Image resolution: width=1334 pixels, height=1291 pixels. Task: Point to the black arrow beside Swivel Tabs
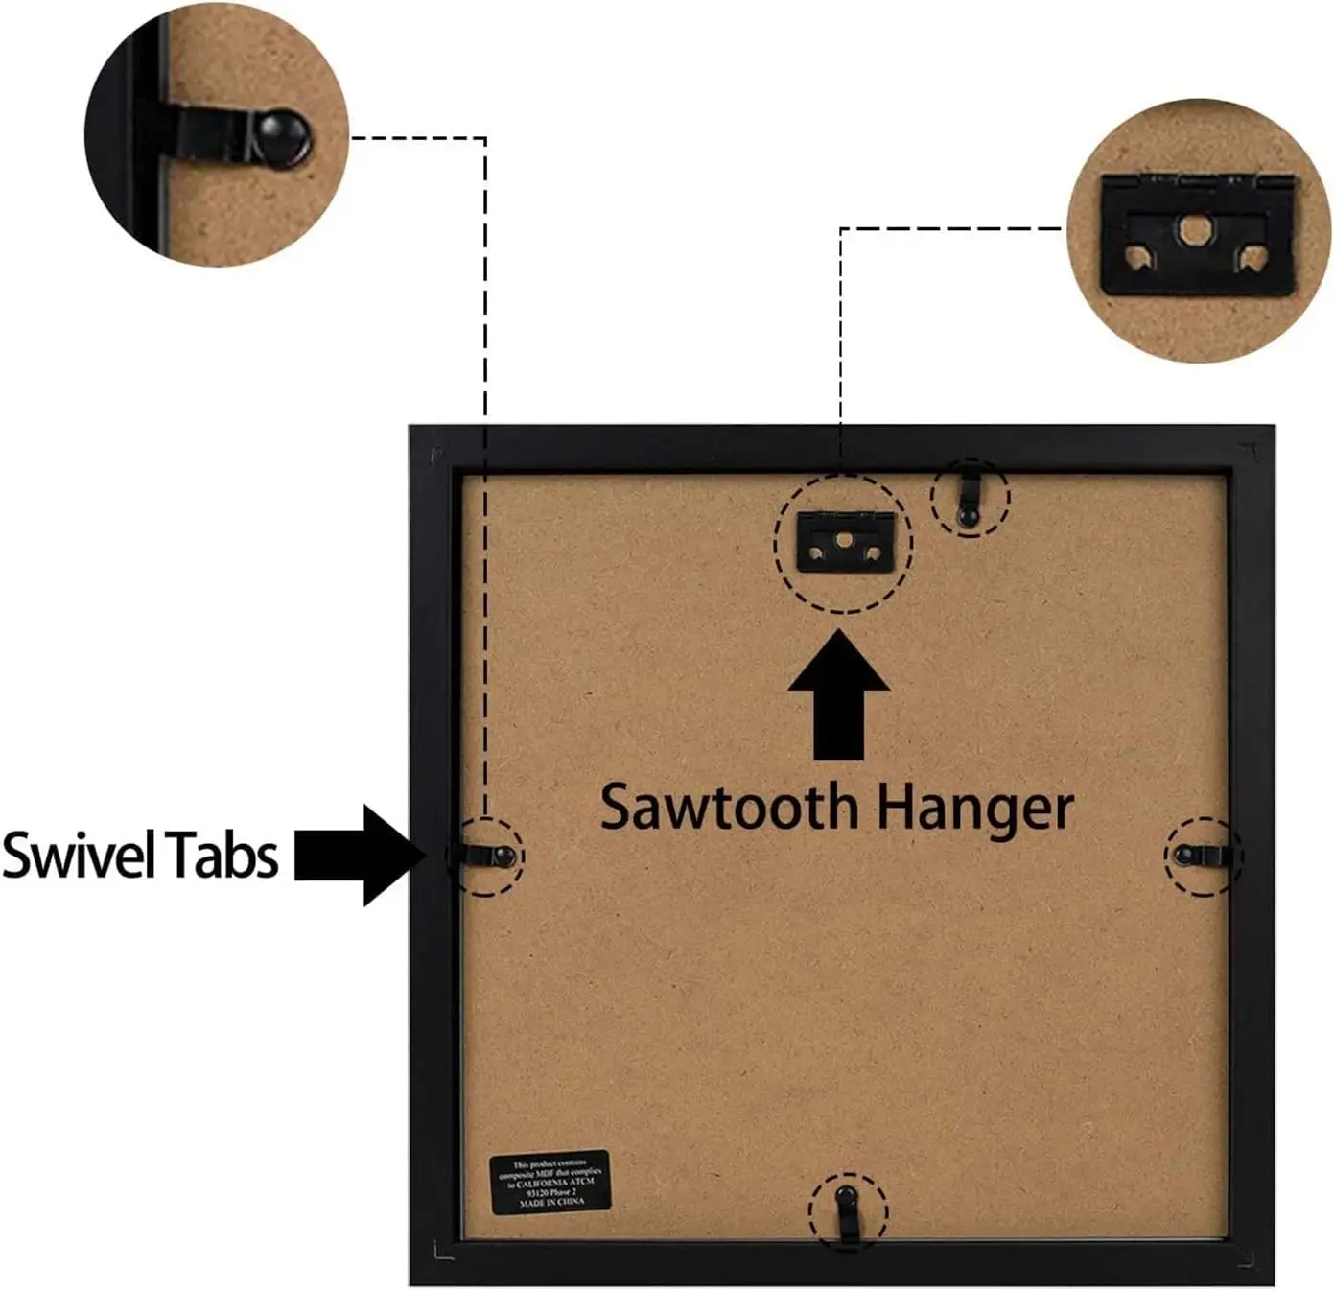click(x=360, y=855)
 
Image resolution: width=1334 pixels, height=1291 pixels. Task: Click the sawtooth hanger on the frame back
click(x=845, y=542)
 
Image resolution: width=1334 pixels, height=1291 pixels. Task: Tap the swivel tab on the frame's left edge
click(x=487, y=856)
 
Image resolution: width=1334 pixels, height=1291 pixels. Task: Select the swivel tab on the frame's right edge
click(x=1200, y=855)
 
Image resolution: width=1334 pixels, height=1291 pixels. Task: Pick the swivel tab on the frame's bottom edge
click(x=846, y=1210)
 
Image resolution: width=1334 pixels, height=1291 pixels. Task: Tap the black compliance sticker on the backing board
click(x=550, y=1181)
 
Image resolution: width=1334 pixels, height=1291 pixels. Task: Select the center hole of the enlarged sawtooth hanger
click(x=1195, y=228)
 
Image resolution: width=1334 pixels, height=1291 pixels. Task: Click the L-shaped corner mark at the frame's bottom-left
click(x=442, y=1250)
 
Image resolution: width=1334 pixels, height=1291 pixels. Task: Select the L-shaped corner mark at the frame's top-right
click(x=1249, y=448)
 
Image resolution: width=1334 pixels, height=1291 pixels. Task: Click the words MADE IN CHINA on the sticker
click(x=551, y=1201)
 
